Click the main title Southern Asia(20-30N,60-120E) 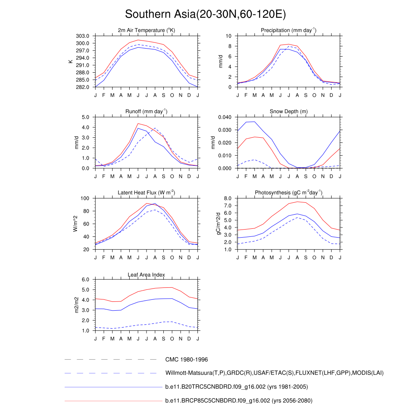[205, 14]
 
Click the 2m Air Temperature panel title [146, 30]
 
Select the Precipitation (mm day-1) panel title [288, 30]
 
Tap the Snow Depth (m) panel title [289, 111]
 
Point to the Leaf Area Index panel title [146, 275]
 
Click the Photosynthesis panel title [289, 193]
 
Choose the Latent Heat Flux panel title [146, 193]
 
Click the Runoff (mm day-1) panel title [146, 111]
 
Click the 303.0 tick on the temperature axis [84, 36]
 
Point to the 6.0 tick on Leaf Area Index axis [86, 280]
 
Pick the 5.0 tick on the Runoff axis [86, 117]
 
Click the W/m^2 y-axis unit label [75, 224]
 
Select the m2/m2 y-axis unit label [75, 305]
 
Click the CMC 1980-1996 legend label [186, 360]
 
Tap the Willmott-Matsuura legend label [274, 373]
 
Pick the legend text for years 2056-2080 [238, 401]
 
